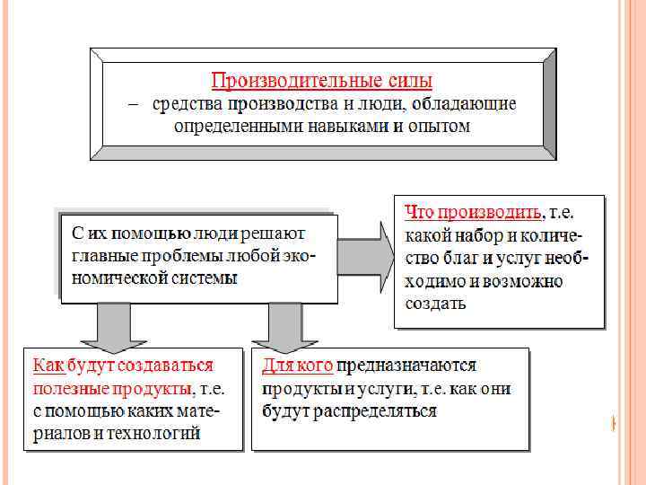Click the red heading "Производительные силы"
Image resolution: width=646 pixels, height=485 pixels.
(x=322, y=80)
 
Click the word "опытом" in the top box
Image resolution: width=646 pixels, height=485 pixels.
(x=437, y=126)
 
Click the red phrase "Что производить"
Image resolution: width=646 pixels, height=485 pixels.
(x=473, y=213)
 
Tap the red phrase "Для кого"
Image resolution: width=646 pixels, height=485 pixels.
(x=298, y=366)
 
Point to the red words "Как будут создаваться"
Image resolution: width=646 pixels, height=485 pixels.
(x=124, y=366)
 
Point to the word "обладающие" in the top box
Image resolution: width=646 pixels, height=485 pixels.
(x=468, y=103)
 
